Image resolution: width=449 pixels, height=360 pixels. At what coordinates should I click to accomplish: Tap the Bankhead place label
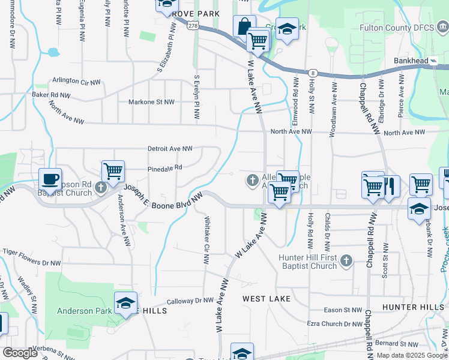click(411, 61)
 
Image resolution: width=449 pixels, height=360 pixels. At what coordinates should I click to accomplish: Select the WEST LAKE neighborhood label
click(267, 298)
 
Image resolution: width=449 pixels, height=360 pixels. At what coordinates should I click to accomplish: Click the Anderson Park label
click(84, 311)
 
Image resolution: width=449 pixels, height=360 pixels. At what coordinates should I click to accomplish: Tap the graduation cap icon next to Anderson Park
click(126, 304)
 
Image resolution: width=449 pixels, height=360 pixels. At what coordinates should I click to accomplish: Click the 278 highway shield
click(193, 26)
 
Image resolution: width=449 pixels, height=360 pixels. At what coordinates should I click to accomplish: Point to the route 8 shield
click(313, 73)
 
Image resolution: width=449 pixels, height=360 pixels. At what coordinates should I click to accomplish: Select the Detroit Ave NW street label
click(170, 148)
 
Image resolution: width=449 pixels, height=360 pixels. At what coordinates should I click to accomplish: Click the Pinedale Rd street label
click(164, 168)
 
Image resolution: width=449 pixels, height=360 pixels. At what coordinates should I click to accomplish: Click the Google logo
click(20, 353)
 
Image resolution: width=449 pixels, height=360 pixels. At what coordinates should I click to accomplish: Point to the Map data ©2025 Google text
click(412, 355)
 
